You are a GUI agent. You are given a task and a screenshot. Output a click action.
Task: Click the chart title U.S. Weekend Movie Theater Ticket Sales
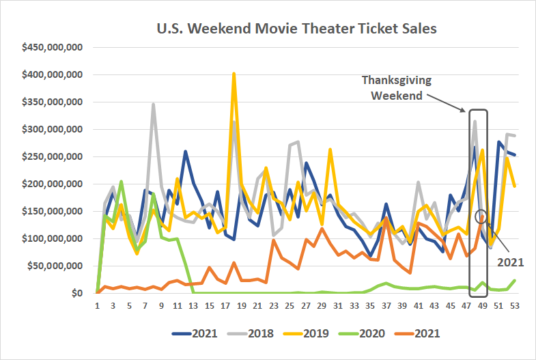coord(296,29)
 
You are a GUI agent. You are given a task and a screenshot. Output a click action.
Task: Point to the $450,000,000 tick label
coord(53,47)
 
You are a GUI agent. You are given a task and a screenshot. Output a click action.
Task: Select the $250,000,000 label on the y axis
coord(53,156)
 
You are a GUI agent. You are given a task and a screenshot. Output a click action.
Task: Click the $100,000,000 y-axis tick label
coord(53,239)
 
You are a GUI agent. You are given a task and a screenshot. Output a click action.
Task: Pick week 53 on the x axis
coord(514,307)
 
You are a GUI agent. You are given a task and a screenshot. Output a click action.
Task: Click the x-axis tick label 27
coord(305,307)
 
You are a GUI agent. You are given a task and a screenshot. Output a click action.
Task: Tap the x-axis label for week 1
coord(97,307)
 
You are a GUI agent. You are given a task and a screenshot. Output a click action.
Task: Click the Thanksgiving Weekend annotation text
coord(396,87)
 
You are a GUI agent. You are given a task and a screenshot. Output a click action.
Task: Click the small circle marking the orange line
coord(482,217)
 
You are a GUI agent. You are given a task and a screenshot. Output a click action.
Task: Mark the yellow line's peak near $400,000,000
coord(234,74)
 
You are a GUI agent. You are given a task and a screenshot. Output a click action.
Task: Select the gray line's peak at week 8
coord(154,105)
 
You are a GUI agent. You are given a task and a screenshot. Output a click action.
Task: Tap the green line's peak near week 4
coord(121,182)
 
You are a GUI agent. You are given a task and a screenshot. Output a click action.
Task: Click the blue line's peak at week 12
coord(186,152)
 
